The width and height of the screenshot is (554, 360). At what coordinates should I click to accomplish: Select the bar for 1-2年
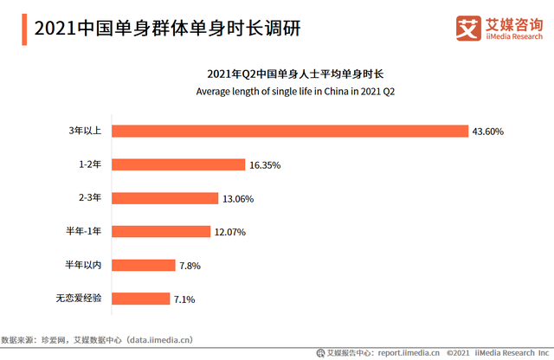pos(178,164)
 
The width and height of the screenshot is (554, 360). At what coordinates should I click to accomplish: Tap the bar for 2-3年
pos(165,198)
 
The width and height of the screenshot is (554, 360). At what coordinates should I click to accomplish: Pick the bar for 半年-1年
pos(162,231)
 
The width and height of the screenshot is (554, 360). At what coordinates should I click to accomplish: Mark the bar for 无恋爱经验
pos(141,299)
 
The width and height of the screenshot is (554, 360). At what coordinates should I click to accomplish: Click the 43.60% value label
pos(487,132)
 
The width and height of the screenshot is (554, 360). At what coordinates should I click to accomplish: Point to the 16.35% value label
pos(264,164)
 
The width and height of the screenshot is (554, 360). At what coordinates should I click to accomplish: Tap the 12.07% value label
pos(231,232)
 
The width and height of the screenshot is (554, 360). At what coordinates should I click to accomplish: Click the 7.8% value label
pos(190,266)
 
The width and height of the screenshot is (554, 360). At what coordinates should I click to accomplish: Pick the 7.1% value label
pos(184,299)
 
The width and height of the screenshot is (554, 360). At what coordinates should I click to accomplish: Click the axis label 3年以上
pos(85,131)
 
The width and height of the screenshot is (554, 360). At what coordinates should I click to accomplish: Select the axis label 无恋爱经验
pos(78,299)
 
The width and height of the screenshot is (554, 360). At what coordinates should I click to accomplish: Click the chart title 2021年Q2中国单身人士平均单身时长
pos(295,74)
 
